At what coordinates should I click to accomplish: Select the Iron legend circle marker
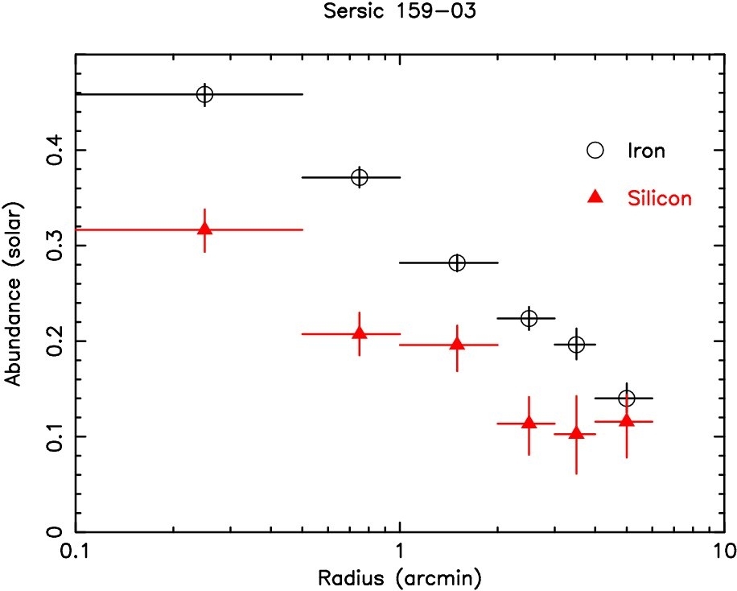click(x=595, y=150)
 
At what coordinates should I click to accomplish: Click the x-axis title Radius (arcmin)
click(x=400, y=577)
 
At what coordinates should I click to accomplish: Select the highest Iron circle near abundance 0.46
click(x=205, y=94)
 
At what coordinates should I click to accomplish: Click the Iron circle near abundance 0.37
click(x=360, y=177)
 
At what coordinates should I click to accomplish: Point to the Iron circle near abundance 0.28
click(x=457, y=263)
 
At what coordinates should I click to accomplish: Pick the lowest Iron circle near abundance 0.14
click(x=626, y=398)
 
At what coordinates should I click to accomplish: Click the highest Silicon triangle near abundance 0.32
click(x=205, y=229)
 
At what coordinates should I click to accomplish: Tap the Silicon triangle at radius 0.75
click(x=360, y=333)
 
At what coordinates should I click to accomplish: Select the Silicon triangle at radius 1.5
click(x=457, y=344)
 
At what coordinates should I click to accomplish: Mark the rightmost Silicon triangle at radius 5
click(x=626, y=420)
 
